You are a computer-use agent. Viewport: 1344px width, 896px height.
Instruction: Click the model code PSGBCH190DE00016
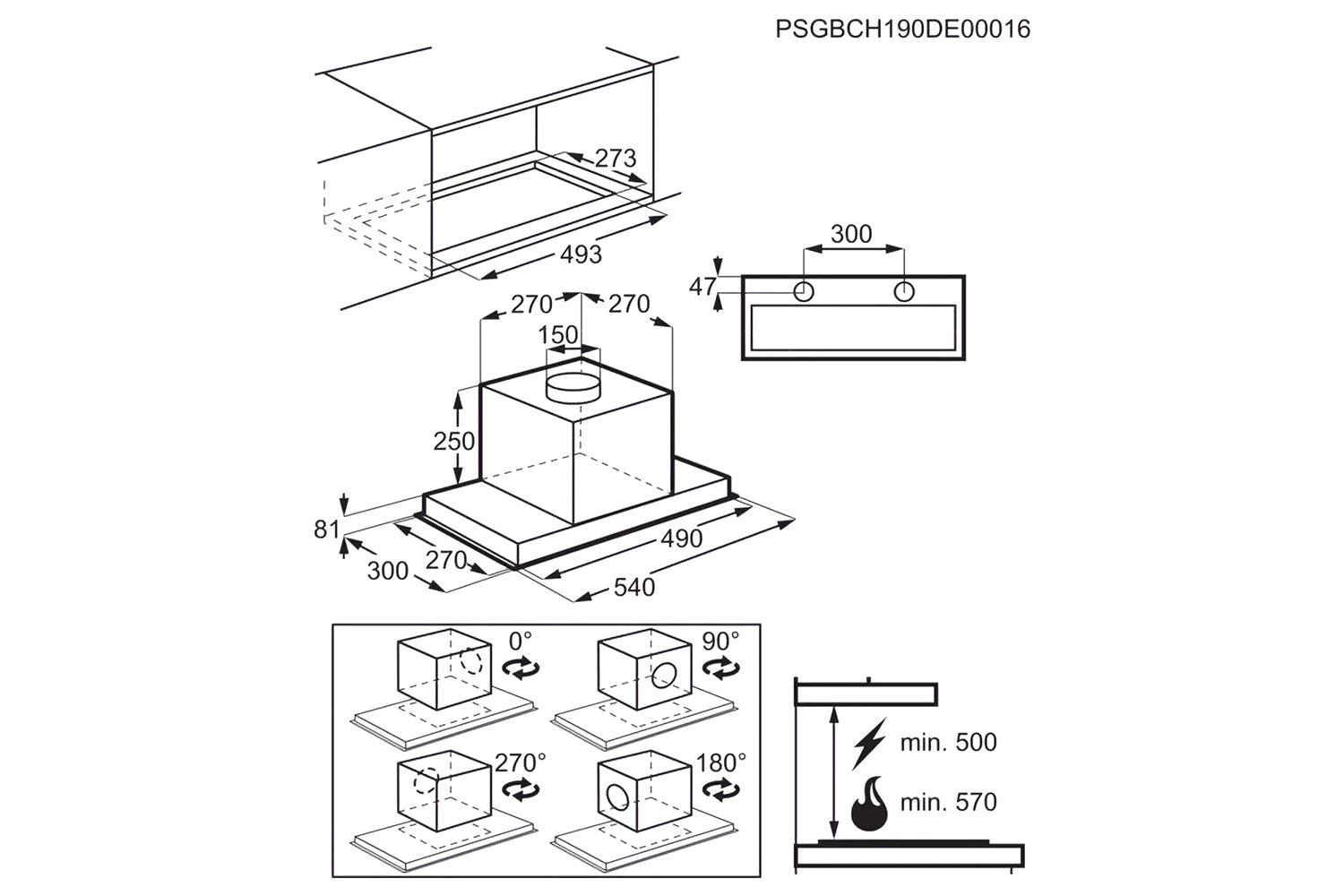click(902, 29)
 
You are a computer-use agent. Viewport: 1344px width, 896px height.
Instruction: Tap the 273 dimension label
click(615, 158)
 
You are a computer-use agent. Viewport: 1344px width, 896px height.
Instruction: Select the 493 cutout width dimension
click(581, 254)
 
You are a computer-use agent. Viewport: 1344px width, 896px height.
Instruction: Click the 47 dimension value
click(702, 287)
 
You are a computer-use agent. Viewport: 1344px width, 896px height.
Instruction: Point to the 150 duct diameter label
click(558, 335)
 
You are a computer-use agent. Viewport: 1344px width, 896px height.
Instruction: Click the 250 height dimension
click(454, 442)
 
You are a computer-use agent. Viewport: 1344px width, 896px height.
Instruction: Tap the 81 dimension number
click(327, 530)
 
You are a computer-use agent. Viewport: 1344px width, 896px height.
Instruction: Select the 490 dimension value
click(682, 538)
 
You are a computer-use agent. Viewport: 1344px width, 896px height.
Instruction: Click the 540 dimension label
click(634, 587)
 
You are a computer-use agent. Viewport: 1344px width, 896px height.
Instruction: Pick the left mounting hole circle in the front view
click(804, 292)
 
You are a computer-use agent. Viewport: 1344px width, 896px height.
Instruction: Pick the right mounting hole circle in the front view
click(904, 292)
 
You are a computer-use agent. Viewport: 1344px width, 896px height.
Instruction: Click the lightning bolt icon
click(869, 744)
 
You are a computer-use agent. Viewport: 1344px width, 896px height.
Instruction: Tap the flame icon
click(869, 804)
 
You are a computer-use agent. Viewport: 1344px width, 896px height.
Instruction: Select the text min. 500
click(949, 743)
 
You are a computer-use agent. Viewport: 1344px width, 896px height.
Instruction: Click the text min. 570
click(949, 803)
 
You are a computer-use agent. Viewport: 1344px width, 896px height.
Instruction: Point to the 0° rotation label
click(521, 642)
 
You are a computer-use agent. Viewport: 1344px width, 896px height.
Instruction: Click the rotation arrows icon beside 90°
click(720, 668)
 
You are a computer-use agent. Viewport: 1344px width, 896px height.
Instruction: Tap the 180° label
click(721, 763)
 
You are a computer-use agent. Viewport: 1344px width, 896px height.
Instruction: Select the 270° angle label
click(521, 763)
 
